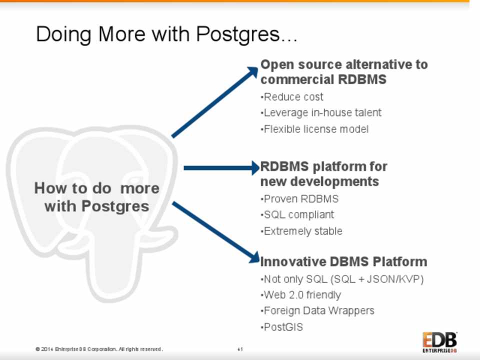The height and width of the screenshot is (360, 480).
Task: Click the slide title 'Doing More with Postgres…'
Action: (166, 34)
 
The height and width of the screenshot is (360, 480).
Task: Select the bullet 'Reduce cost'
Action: (293, 97)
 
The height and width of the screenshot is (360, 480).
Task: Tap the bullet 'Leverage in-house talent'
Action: (322, 113)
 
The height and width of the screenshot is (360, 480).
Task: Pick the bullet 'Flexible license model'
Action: (315, 129)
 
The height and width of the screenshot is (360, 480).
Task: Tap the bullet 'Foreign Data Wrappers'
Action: (318, 311)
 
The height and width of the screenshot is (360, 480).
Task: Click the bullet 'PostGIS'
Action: (283, 327)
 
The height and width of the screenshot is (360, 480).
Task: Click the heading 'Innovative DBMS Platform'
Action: (343, 262)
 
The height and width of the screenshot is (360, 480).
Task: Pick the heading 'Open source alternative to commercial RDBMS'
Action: (344, 72)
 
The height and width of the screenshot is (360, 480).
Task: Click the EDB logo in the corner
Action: (439, 342)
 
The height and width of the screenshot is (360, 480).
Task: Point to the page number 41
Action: (240, 349)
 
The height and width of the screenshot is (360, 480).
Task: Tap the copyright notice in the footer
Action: (99, 349)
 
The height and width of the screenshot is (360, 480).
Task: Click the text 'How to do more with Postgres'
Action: (96, 197)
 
